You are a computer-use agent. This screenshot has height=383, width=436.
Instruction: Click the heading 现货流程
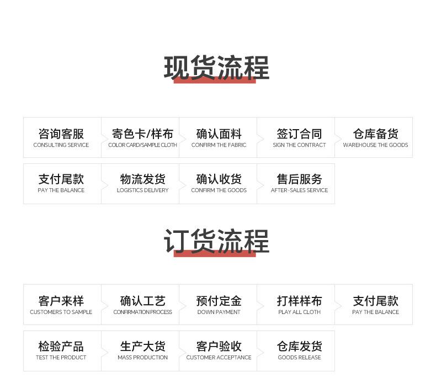point(216,68)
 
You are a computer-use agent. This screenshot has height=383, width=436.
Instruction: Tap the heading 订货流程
point(216,242)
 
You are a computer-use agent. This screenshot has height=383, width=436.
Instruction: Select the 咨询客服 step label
point(61,134)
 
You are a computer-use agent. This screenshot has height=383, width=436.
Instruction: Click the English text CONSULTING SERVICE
point(61,145)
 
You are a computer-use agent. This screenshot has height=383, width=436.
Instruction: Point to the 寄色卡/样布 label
point(142,134)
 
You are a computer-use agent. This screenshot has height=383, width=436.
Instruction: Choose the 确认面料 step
point(219,134)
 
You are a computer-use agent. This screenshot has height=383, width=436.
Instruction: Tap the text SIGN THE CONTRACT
point(299,145)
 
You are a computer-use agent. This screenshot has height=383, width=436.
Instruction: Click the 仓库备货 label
point(375,134)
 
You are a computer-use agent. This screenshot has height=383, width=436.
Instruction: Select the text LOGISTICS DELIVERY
point(142,190)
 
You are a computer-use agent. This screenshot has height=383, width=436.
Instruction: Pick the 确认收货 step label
point(219,179)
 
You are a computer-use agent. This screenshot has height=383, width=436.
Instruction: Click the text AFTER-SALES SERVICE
point(299,190)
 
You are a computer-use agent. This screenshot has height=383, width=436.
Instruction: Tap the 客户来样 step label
point(61,301)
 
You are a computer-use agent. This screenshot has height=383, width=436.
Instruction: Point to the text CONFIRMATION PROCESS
point(142,312)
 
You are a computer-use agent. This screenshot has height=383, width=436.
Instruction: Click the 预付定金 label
point(219,301)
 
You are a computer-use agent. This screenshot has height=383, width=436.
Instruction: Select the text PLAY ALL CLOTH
point(299,312)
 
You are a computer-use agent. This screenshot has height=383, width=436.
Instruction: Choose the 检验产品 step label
point(61,346)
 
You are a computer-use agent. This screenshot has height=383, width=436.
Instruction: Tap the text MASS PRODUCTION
point(142,358)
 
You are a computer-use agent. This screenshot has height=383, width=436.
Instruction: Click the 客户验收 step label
point(219,346)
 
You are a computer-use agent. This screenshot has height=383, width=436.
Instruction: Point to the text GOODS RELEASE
point(299,358)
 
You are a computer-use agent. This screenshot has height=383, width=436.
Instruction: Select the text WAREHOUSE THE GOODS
point(375,145)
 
